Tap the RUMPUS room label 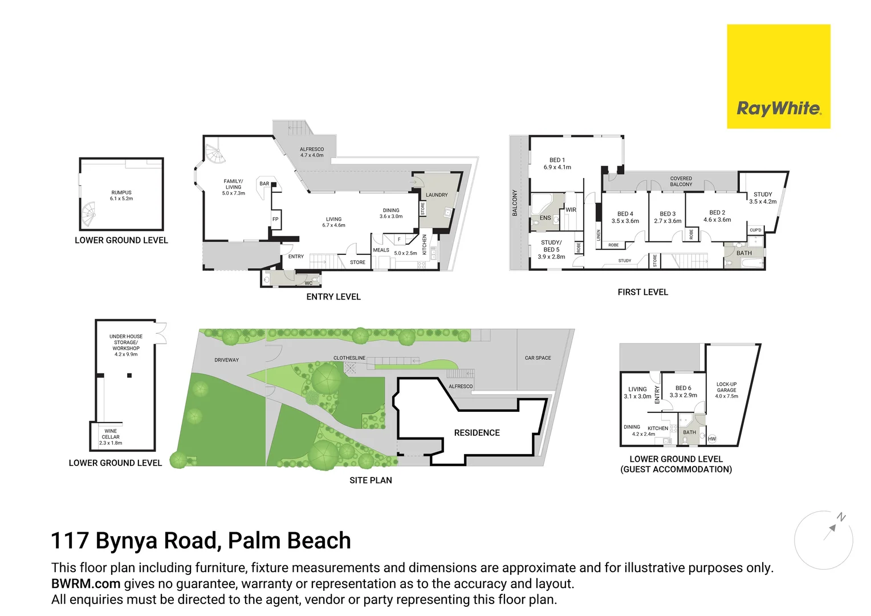pos(121,193)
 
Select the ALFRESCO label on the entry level pos(312,149)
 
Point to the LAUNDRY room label pos(437,195)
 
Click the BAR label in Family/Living pos(264,184)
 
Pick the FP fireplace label pos(275,219)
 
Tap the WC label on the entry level pos(308,283)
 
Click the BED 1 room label pos(557,160)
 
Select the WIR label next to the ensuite pos(571,210)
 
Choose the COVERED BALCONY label pos(681,181)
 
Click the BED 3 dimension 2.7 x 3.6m pos(668,221)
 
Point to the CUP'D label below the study pos(755,230)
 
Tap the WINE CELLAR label pos(111,434)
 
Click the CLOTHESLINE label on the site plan pos(349,358)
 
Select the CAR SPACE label pos(538,358)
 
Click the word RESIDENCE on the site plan pos(477,433)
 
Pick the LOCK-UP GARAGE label pos(726,387)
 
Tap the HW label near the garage pos(711,439)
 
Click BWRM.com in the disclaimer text pos(86,584)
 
